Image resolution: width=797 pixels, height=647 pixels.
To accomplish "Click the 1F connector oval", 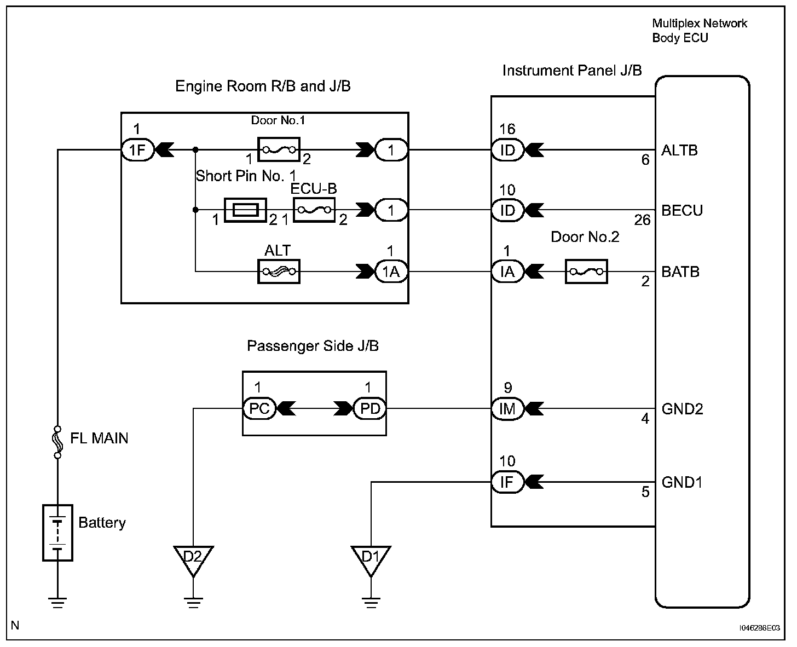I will click(137, 149).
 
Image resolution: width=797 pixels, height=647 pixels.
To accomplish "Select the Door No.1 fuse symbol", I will click(279, 149).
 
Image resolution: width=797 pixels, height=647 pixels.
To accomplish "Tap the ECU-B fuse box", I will click(314, 210).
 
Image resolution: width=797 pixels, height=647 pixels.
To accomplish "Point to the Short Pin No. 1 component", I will click(245, 210).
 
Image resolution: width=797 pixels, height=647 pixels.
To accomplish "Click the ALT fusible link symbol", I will click(279, 271).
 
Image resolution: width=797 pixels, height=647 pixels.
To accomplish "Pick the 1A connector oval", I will click(391, 271).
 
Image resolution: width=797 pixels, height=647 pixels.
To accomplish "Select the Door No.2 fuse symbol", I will click(586, 271).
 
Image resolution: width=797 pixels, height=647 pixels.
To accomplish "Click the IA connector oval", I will click(507, 271).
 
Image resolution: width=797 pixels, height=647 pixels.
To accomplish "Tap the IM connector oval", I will click(507, 409).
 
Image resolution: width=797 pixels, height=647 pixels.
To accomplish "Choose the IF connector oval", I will click(507, 482).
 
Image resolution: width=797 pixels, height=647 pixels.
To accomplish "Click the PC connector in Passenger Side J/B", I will click(259, 409).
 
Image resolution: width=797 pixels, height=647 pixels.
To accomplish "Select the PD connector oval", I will click(369, 409).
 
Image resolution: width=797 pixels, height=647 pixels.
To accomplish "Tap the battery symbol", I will click(57, 533).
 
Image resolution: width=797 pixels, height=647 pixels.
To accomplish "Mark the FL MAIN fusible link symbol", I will click(57, 442).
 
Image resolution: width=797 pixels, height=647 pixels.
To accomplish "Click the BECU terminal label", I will click(682, 211).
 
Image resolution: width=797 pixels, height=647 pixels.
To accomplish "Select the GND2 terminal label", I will click(682, 409).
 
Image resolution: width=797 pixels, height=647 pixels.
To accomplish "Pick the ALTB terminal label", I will click(679, 151).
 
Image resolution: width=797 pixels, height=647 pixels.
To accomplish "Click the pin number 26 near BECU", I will click(642, 220).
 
